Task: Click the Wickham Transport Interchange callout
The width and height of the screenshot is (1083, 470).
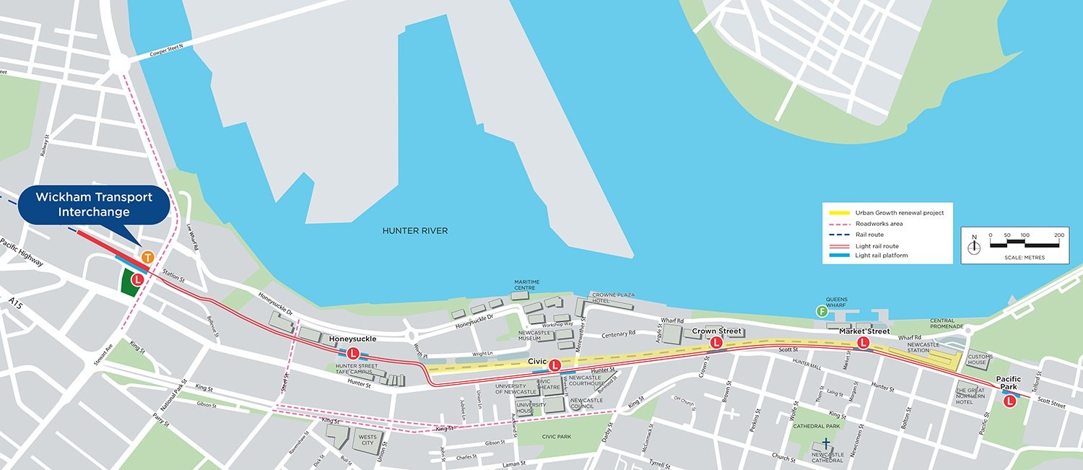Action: click(x=95, y=204)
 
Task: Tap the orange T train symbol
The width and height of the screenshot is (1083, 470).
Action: click(x=147, y=257)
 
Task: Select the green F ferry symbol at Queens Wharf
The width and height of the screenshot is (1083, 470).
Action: click(x=821, y=312)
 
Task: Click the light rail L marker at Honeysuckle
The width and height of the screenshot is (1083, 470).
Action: click(x=353, y=353)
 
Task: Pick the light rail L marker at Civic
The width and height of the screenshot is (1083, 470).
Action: click(x=554, y=366)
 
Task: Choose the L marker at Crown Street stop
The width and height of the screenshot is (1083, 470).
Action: click(x=716, y=343)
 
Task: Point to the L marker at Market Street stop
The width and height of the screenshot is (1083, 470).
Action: click(x=862, y=343)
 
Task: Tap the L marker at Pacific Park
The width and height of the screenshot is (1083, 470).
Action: click(x=1009, y=399)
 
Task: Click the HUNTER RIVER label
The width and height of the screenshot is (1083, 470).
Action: click(x=415, y=231)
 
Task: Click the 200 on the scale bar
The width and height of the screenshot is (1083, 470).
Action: click(x=1059, y=235)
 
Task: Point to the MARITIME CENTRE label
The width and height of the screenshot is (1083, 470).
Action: click(x=527, y=284)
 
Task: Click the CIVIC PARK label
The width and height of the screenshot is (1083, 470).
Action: click(x=554, y=436)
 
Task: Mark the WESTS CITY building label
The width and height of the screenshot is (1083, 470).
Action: click(x=367, y=439)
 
